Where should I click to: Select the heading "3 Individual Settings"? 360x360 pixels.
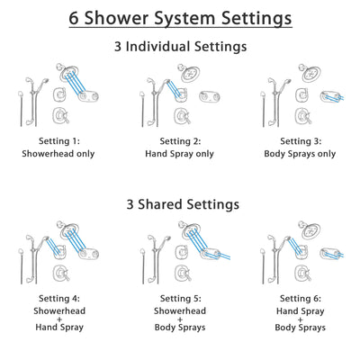tap(180, 48)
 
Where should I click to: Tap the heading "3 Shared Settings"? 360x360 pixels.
tap(180, 204)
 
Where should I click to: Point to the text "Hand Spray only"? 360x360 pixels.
tap(180, 154)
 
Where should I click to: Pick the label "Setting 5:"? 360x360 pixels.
tap(180, 298)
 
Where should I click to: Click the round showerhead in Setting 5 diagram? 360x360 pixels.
tap(187, 230)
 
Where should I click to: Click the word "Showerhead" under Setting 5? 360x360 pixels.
tap(180, 310)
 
